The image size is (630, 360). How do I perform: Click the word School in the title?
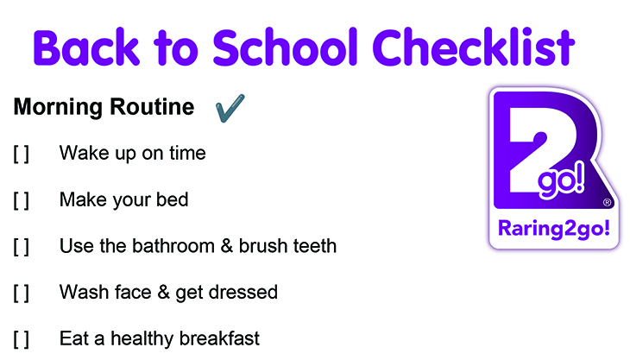(285, 47)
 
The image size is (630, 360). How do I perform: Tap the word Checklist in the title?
(474, 47)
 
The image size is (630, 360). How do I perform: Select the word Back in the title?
(86, 47)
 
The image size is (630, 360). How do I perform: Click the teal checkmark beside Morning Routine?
(230, 108)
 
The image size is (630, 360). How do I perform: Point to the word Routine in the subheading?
(152, 107)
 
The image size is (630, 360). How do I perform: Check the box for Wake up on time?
(22, 154)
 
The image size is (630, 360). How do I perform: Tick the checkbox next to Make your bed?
(22, 200)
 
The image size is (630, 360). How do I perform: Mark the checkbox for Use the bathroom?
(22, 247)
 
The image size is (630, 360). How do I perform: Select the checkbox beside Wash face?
(22, 293)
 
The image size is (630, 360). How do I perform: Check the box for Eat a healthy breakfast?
(22, 339)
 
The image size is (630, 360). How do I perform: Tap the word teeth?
(315, 246)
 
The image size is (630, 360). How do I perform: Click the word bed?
(173, 199)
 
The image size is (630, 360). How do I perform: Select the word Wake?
(85, 153)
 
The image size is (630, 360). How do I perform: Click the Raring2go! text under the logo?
(554, 229)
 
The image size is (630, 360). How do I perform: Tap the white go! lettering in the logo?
(561, 183)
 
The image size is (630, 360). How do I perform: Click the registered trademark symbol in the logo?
(607, 203)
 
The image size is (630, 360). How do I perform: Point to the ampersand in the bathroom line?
(227, 246)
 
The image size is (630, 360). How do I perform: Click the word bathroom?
(173, 246)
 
